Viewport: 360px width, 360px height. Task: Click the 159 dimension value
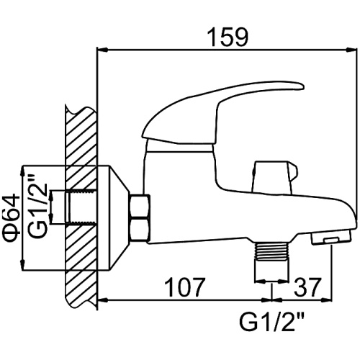(228, 37)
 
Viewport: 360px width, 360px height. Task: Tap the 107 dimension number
(185, 287)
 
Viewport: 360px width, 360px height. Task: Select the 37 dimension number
(307, 287)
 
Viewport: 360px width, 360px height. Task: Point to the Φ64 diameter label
(12, 217)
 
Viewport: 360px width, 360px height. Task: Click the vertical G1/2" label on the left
(37, 205)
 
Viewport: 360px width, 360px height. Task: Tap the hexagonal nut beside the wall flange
(140, 217)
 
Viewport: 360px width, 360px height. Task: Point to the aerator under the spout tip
(330, 238)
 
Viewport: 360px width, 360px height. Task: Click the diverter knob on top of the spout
(274, 177)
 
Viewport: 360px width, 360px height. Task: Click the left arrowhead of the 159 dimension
(102, 50)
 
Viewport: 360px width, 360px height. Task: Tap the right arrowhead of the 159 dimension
(352, 50)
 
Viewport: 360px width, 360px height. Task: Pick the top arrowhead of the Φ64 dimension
(22, 171)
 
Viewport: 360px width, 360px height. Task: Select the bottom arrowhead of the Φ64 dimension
(22, 266)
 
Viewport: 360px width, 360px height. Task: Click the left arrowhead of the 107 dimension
(103, 300)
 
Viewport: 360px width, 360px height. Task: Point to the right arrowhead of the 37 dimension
(327, 300)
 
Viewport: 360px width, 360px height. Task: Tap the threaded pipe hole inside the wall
(81, 207)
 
